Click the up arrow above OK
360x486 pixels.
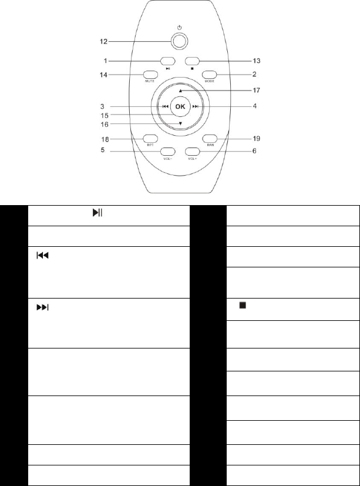click(180, 91)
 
